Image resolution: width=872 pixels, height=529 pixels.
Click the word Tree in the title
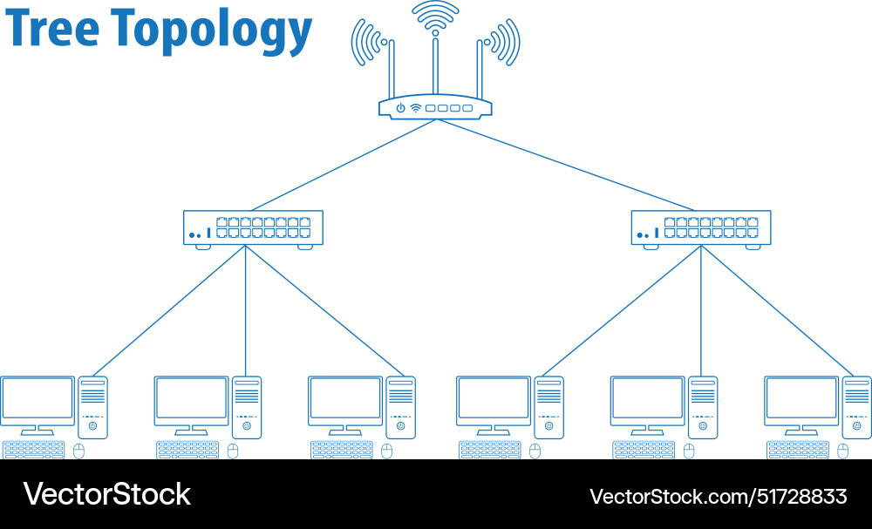[x=52, y=30]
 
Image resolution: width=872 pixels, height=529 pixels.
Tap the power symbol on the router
[x=400, y=108]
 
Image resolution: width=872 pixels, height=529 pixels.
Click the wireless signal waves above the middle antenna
[x=435, y=13]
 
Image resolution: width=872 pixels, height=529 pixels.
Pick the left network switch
[x=253, y=227]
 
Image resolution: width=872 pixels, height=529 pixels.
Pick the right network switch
[x=701, y=227]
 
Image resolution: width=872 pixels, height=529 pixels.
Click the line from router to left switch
[x=340, y=166]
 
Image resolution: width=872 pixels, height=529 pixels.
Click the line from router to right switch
[x=567, y=166]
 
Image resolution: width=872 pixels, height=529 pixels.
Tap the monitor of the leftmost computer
[x=37, y=399]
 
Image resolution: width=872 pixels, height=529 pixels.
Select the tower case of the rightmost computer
[x=856, y=407]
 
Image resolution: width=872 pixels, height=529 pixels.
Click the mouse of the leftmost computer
[x=79, y=451]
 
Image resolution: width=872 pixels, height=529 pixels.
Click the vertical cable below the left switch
[x=245, y=314]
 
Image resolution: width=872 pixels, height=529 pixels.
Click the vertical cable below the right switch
[x=701, y=314]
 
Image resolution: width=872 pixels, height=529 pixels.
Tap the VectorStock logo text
[x=106, y=495]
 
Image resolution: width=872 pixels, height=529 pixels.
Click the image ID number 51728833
[x=800, y=497]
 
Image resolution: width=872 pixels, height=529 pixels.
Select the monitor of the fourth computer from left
[x=494, y=399]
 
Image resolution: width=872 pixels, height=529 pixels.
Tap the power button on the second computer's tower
[x=247, y=426]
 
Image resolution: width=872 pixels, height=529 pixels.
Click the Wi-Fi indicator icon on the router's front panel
[x=416, y=108]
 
